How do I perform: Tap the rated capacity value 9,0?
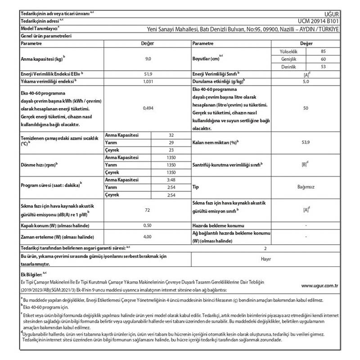pos(148,59)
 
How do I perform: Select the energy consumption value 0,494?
pos(148,108)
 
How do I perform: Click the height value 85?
pos(323,52)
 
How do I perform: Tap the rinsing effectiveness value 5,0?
pos(306,81)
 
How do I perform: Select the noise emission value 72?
pos(148,210)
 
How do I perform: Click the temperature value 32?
pos(171,135)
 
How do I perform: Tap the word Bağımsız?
pos(306,186)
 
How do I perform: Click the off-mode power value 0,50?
pos(148,225)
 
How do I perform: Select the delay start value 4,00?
pos(148,236)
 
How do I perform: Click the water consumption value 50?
pos(306,108)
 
